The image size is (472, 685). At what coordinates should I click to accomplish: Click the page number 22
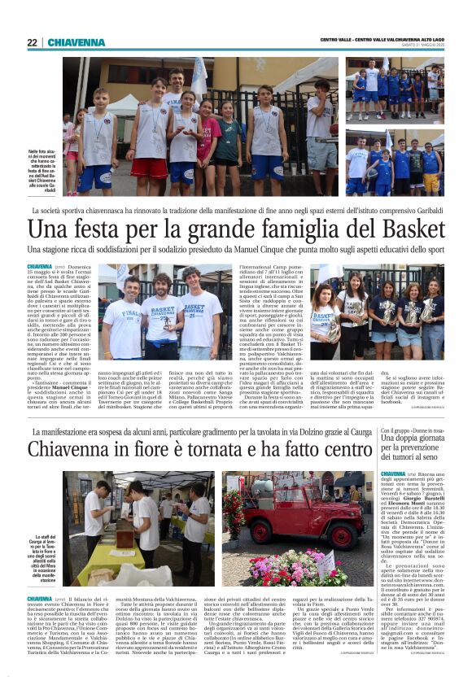tap(32, 42)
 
